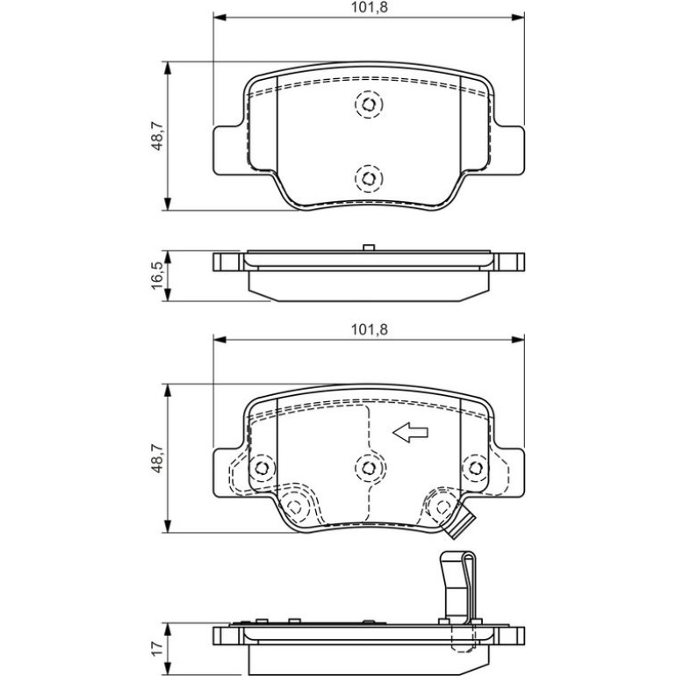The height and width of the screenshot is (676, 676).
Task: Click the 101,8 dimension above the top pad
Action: tap(369, 8)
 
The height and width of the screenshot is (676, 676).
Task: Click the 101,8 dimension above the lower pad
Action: tap(369, 330)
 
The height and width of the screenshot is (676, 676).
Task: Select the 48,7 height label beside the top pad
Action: tap(157, 136)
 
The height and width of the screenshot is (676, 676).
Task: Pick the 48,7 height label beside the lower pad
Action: tap(157, 458)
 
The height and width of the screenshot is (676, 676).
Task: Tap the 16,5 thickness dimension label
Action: tap(157, 276)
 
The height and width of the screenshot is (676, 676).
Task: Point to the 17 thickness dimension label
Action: tap(157, 647)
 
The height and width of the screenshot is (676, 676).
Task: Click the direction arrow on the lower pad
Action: tap(410, 433)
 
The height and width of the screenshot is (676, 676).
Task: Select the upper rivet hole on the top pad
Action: tap(369, 104)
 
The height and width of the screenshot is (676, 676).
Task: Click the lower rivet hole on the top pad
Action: tap(369, 178)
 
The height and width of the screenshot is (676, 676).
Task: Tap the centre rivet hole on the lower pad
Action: tap(369, 468)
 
